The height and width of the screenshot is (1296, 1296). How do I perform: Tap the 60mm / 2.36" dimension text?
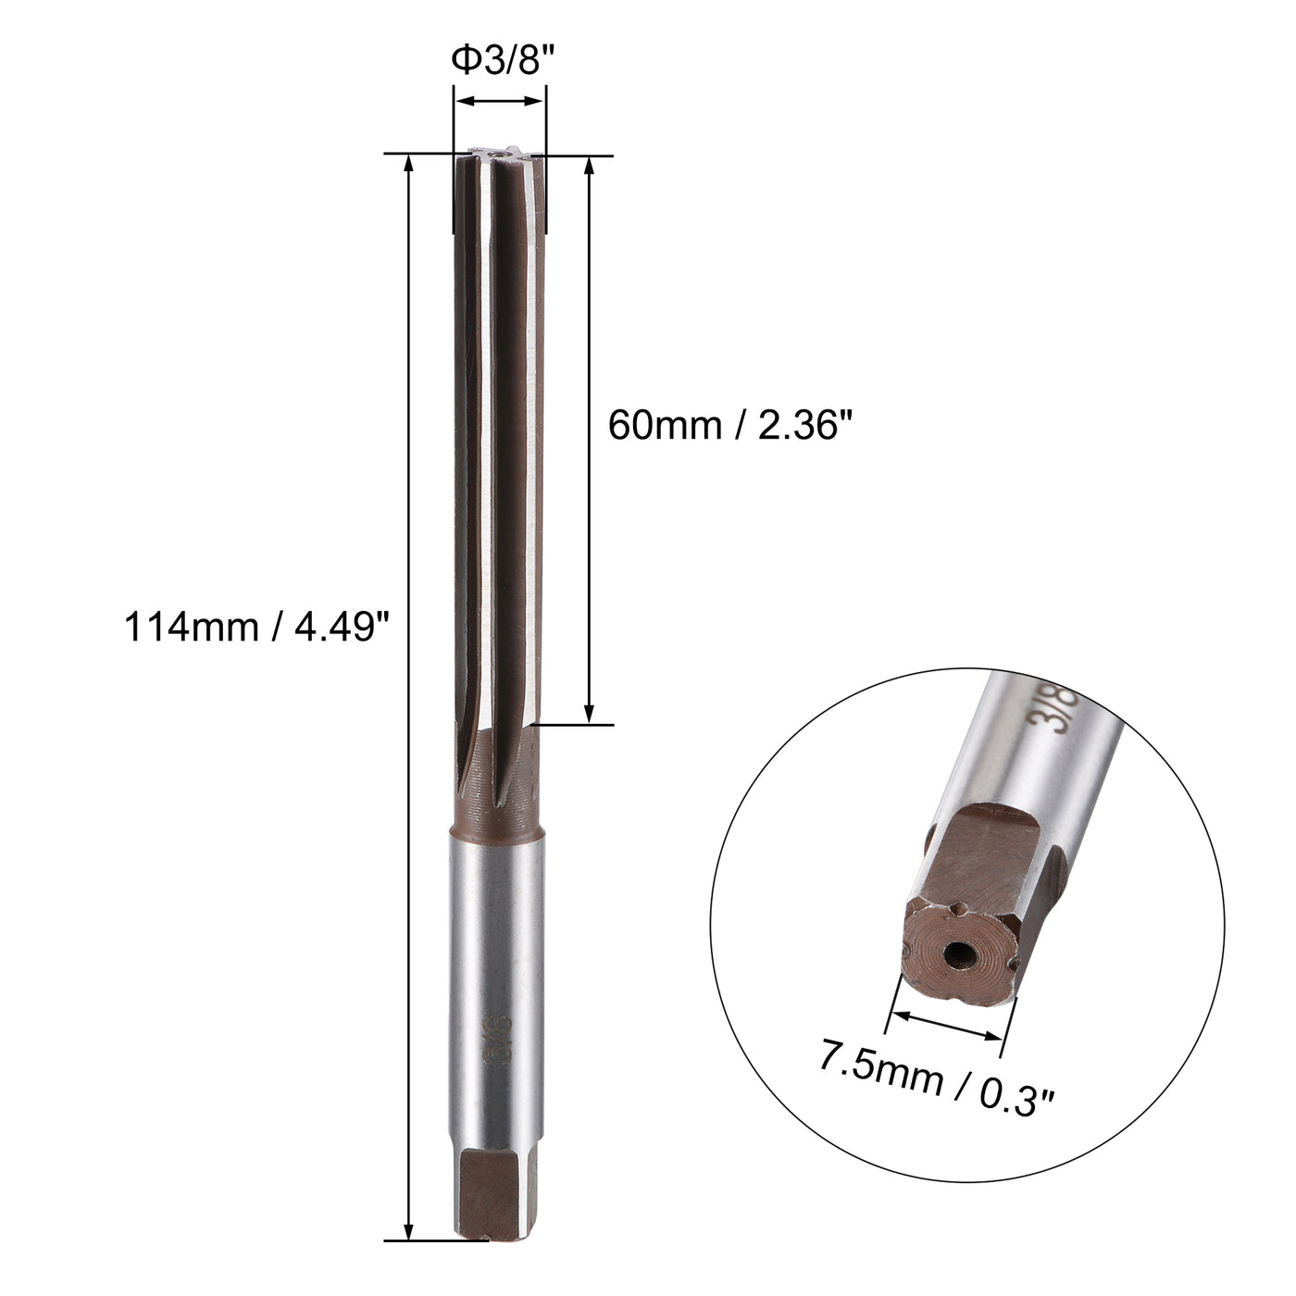coord(729,426)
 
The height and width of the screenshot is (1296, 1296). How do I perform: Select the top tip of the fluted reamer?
coord(499,156)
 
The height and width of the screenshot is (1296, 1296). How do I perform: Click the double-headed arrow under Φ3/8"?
coord(499,101)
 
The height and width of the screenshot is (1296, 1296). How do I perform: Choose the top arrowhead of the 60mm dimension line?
coord(590,165)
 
